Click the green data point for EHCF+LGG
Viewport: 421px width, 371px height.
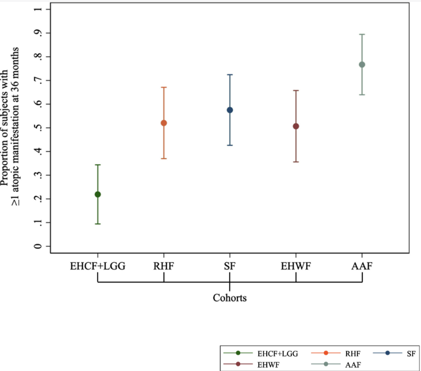[x=98, y=194]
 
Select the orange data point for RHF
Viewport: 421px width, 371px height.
[x=164, y=123]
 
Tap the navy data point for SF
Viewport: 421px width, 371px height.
[x=230, y=110]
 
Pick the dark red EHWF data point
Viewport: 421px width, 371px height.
[x=296, y=126]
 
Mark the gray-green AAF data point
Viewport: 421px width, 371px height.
[x=362, y=65]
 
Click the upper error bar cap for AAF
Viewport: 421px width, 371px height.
[x=362, y=34]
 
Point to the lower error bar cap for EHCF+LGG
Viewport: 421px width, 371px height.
[x=98, y=224]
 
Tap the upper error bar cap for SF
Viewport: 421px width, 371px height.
[x=230, y=75]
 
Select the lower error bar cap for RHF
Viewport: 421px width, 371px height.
[x=164, y=159]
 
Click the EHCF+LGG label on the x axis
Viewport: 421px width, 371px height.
[x=98, y=266]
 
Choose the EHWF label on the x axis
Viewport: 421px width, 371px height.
[x=296, y=266]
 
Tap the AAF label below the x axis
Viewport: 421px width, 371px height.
[x=362, y=266]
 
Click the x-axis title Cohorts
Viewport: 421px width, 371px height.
[x=230, y=298]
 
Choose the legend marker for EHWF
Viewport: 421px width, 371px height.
[x=238, y=364]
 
